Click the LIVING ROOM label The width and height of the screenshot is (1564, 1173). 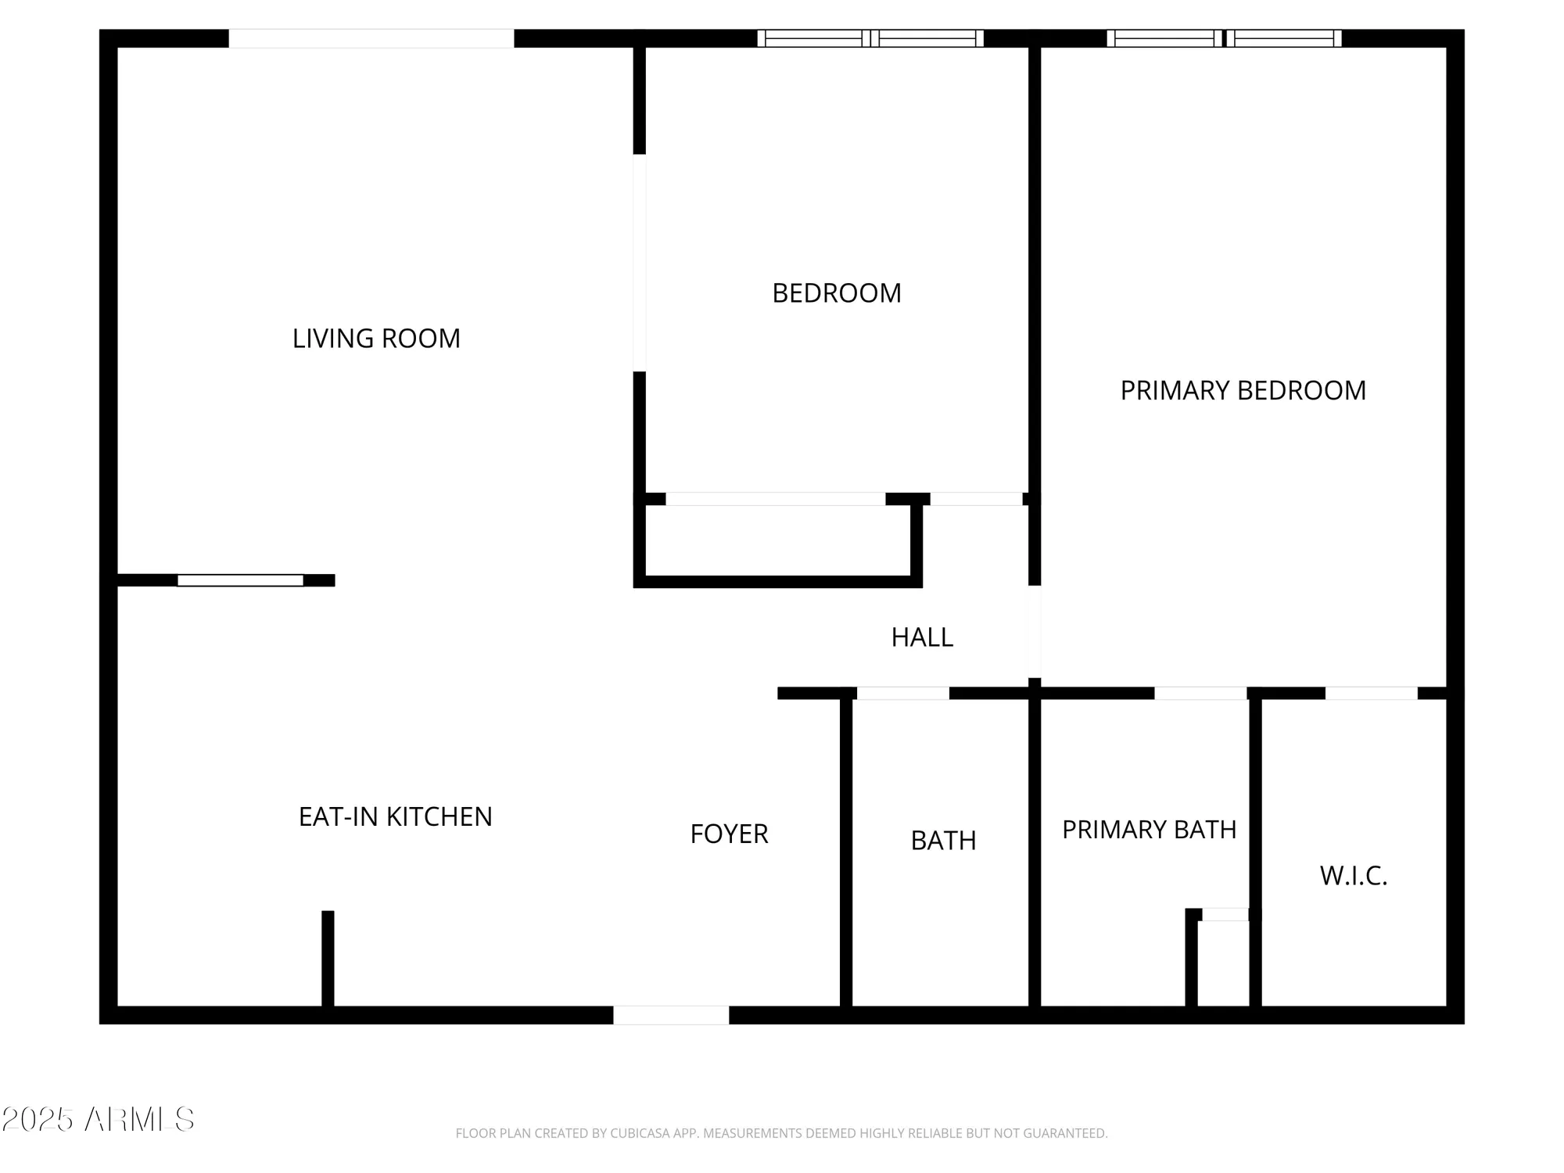(376, 339)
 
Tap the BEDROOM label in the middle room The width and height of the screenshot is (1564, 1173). (837, 293)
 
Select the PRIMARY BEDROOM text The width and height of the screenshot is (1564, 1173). (1243, 390)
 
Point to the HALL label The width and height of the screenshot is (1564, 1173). (922, 637)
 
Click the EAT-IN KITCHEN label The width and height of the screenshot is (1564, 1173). (395, 816)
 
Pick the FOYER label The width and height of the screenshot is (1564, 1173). (729, 834)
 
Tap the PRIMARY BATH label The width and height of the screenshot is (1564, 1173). (1149, 829)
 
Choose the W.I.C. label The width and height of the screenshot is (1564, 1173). (1354, 876)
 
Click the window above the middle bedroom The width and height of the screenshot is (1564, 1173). (870, 38)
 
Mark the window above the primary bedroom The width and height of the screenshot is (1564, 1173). (1224, 38)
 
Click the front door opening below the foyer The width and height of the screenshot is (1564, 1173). (671, 1015)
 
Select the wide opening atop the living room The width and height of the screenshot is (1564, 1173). (371, 38)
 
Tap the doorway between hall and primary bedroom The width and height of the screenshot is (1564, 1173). (1034, 632)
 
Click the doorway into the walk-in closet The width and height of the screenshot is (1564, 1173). (1371, 693)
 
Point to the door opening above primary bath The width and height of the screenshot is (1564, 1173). (1200, 693)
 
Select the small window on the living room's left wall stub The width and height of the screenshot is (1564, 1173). (240, 580)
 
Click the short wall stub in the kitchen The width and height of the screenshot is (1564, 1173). (328, 958)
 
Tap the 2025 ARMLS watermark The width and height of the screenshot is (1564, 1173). (98, 1120)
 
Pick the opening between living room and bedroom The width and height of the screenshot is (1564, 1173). (639, 263)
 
